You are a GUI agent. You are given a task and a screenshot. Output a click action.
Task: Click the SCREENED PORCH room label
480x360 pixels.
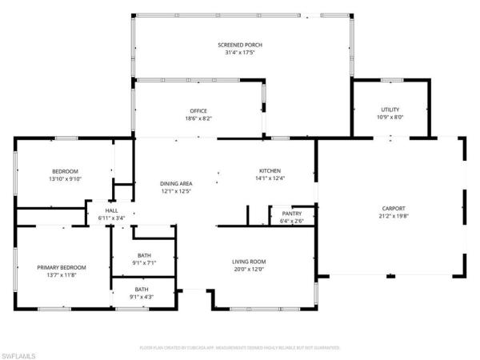coord(241,46)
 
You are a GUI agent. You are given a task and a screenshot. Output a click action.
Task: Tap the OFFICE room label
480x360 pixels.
coord(198,110)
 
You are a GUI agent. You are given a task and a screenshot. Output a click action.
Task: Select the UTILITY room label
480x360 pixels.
coord(390,110)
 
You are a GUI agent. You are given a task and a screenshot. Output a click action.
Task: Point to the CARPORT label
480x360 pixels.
coord(392,208)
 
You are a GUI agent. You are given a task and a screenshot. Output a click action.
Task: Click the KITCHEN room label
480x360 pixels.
coord(269,170)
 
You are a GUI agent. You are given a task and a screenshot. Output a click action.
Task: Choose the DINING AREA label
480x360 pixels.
coord(175,183)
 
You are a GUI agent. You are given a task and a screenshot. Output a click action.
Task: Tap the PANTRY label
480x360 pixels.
coord(291,214)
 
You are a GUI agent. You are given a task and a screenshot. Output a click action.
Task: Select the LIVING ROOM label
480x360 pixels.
coord(249,262)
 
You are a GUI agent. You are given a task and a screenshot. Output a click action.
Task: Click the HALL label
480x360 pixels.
coord(111,210)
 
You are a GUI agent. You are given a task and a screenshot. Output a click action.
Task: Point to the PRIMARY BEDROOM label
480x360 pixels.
coord(62,267)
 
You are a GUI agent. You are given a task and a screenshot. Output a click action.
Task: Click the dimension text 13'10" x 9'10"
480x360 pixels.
coord(65,179)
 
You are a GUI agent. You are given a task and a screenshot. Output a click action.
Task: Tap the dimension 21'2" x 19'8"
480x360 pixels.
coord(392,216)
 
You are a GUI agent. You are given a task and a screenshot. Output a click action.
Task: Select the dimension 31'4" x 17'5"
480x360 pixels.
coord(241,54)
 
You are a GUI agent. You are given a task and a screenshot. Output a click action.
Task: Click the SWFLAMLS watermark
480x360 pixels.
coord(21,352)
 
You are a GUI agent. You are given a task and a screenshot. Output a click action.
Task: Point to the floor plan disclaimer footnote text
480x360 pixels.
coord(240,348)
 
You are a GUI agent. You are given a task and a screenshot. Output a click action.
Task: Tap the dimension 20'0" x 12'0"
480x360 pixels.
coord(249,270)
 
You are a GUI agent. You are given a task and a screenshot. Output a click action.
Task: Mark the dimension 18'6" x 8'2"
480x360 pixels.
coord(198,118)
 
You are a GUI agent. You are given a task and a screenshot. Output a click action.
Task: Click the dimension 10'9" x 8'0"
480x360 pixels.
coord(390,118)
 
